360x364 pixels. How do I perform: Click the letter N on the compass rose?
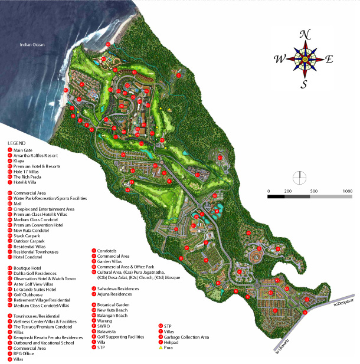point(305,34)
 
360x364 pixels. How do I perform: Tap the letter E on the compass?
point(330,58)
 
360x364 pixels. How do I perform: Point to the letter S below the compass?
point(305,83)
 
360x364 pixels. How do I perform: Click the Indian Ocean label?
point(32,45)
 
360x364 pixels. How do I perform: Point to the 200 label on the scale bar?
point(288,192)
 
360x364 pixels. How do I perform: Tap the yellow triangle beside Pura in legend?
point(160,347)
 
